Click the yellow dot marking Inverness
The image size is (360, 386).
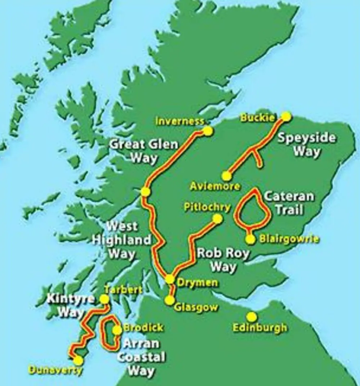pyautogui.click(x=208, y=131)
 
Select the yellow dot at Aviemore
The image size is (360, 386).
pyautogui.click(x=226, y=176)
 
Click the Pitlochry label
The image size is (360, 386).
pyautogui.click(x=207, y=207)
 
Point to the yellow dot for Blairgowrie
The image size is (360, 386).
pyautogui.click(x=251, y=239)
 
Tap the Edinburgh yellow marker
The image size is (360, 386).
pyautogui.click(x=252, y=317)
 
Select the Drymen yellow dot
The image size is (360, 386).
pyautogui.click(x=170, y=279)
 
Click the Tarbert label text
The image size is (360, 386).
pyautogui.click(x=123, y=290)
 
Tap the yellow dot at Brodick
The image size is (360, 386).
pyautogui.click(x=117, y=330)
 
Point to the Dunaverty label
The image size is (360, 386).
pyautogui.click(x=55, y=370)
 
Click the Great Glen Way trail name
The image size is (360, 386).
pyautogui.click(x=144, y=151)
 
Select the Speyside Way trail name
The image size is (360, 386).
pyautogui.click(x=306, y=144)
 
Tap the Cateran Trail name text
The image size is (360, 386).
pyautogui.click(x=289, y=203)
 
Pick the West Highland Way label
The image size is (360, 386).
pyautogui.click(x=122, y=240)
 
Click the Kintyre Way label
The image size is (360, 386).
pyautogui.click(x=71, y=305)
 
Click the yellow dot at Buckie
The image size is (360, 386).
pyautogui.click(x=286, y=116)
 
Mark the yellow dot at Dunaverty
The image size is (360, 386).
pyautogui.click(x=78, y=360)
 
